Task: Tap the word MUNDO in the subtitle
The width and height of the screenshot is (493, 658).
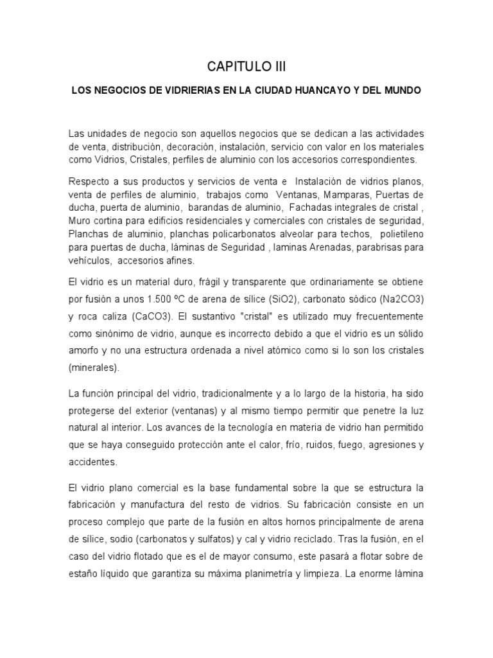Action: pyautogui.click(x=403, y=91)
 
